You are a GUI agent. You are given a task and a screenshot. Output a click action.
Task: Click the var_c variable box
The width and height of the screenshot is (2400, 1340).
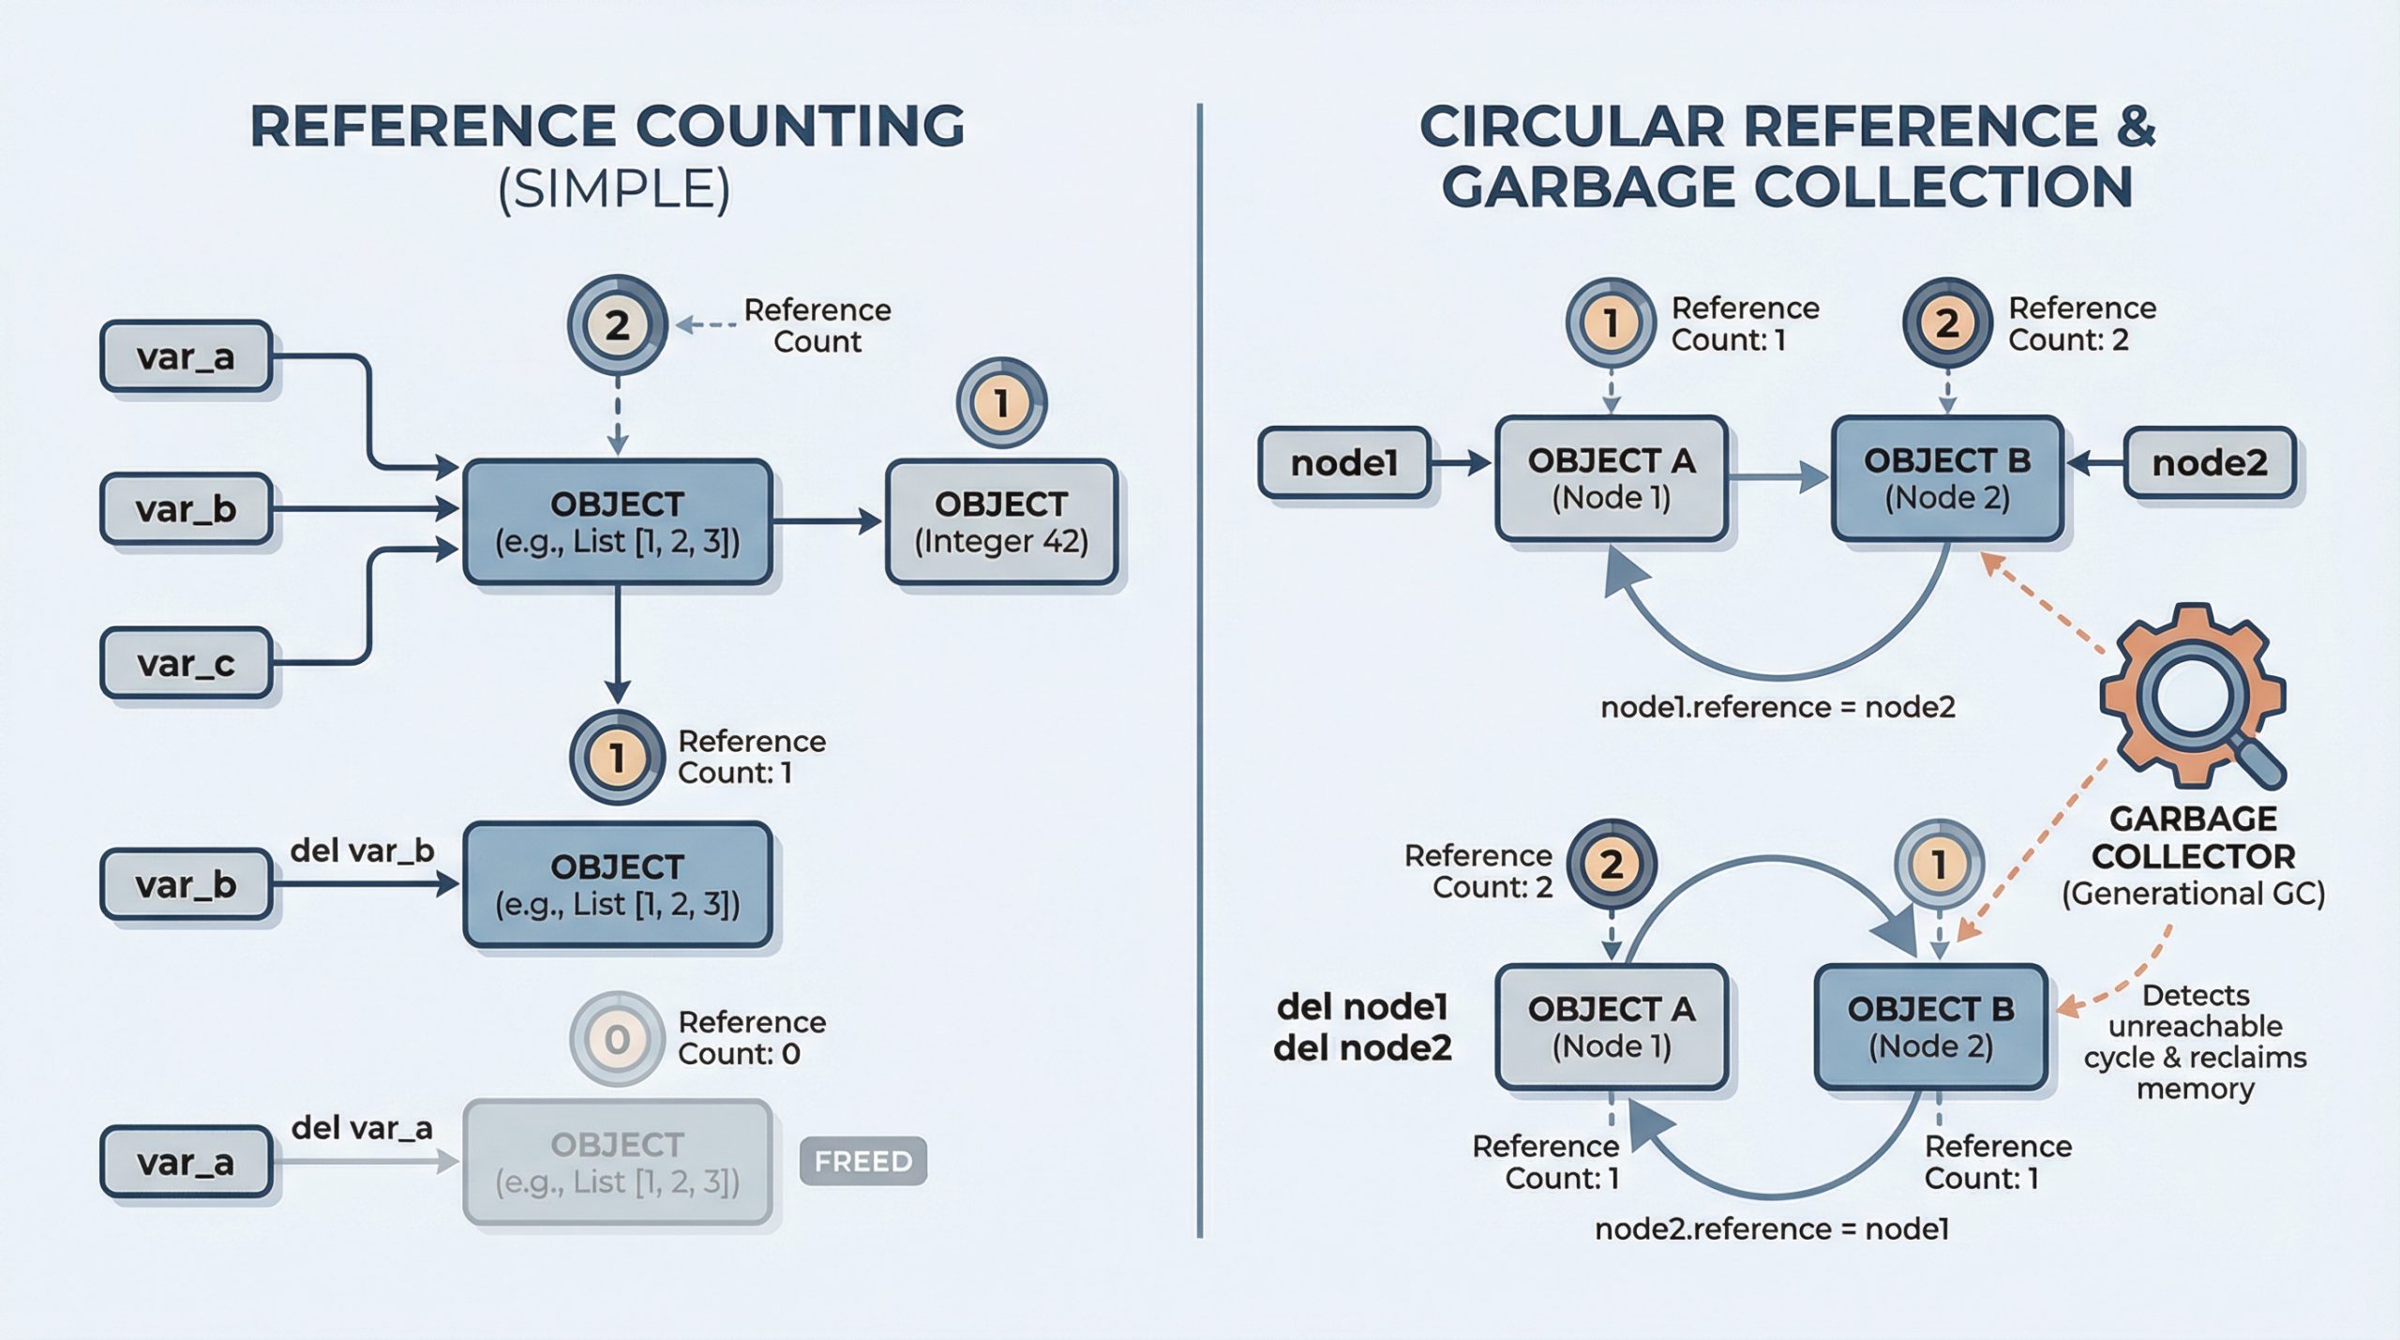point(186,664)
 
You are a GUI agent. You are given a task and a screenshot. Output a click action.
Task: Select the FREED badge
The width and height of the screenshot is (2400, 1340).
point(862,1161)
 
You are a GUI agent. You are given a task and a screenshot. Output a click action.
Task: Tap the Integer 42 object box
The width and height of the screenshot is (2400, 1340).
point(1001,522)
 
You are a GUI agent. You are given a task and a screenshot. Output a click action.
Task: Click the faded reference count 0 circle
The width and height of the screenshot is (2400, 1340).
point(616,1039)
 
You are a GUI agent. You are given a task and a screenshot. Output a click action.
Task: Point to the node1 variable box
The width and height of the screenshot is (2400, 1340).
point(1344,462)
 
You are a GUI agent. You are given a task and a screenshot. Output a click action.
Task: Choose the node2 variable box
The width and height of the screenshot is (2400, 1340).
point(2209,462)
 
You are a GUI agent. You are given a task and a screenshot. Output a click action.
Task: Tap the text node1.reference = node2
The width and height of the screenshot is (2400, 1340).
point(1777,707)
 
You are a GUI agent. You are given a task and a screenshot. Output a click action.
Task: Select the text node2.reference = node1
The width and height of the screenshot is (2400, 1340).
point(1772,1228)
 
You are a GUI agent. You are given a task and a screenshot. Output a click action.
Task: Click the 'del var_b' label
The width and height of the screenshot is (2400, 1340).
point(362,851)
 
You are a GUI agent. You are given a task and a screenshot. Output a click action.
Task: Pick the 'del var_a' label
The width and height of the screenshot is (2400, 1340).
point(362,1127)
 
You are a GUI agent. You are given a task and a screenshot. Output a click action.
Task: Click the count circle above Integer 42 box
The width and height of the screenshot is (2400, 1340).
point(1001,403)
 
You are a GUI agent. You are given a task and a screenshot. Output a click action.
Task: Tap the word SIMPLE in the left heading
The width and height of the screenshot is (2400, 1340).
point(614,188)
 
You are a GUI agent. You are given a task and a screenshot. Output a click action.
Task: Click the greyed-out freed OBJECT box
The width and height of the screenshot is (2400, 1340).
point(617,1163)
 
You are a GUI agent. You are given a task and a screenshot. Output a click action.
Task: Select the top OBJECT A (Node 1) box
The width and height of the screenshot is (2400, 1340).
point(1611,479)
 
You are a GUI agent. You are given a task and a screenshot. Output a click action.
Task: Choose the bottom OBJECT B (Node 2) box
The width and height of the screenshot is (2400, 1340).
point(1931,1027)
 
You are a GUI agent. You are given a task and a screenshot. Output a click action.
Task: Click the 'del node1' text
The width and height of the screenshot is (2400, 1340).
point(1362,1007)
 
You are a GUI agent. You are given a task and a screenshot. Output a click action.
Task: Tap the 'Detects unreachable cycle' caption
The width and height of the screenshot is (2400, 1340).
point(2195,1041)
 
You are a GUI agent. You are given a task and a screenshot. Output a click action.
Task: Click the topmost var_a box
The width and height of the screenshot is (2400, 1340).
point(186,356)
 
